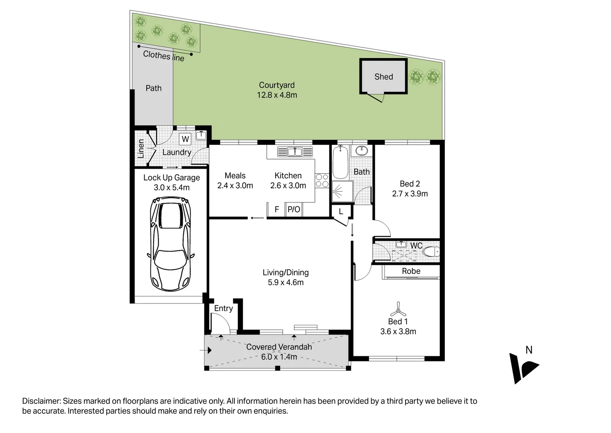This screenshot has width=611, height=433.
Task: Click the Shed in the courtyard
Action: coord(383,77)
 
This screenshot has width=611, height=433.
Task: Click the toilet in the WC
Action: coord(431,252)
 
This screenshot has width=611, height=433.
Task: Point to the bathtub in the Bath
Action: coord(340,162)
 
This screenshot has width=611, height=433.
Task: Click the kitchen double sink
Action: coord(295,152)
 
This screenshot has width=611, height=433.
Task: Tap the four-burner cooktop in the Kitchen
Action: coord(322,180)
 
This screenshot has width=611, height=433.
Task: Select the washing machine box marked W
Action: coord(185,139)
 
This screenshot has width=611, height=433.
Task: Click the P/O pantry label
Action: coord(294,209)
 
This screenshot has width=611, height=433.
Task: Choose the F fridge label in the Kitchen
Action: coord(276,209)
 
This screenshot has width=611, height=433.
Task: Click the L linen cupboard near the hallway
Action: coord(341,211)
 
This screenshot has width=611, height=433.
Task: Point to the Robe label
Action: coord(411,271)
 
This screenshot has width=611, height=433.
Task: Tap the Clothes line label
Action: coord(163,56)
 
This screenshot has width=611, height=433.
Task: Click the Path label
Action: coord(153,88)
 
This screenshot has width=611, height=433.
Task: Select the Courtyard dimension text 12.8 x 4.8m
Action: coord(277,95)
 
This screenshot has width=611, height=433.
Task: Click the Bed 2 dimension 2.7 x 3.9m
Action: coord(410,194)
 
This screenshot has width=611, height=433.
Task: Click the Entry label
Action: coord(223,308)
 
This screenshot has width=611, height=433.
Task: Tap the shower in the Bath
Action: coord(342,192)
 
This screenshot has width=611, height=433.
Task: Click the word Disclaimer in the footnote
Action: coord(41,401)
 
